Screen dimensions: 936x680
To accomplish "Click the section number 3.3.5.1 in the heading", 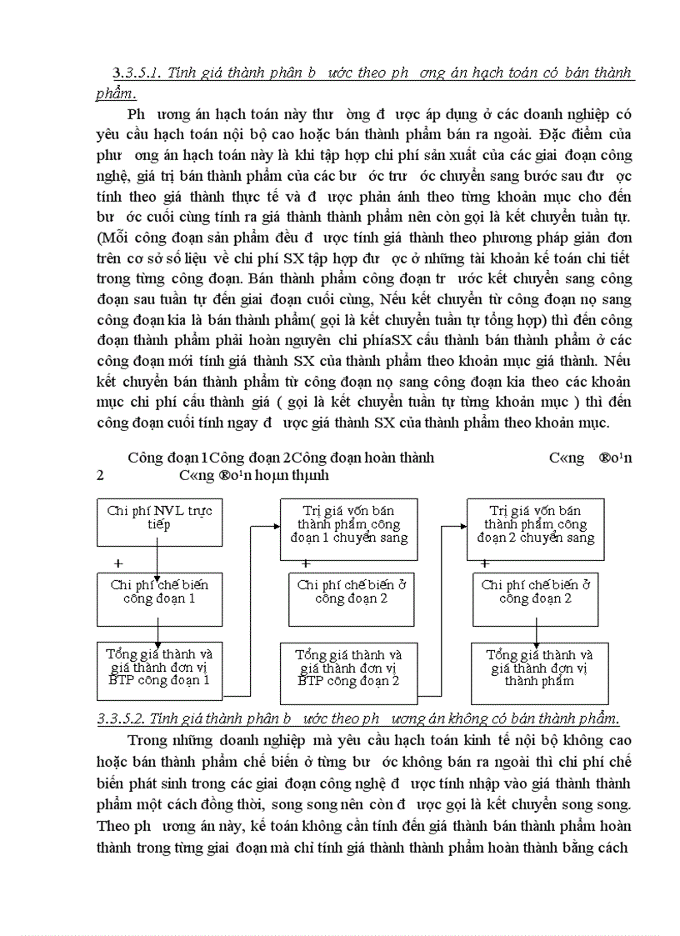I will [137, 73].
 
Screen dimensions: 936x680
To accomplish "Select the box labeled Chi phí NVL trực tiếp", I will [157, 518].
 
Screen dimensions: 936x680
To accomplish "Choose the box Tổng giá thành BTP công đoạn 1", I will [160, 668].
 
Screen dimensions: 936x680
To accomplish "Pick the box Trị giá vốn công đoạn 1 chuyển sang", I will [348, 525].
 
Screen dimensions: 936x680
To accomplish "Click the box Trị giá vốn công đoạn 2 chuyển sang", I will [535, 525].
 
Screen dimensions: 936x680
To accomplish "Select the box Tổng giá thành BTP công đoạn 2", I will [348, 668].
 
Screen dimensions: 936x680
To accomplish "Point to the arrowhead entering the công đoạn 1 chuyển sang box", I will [275, 526].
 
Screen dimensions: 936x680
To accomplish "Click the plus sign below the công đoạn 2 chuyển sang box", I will [485, 563].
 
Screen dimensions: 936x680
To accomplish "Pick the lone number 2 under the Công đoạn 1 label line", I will [100, 475].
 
